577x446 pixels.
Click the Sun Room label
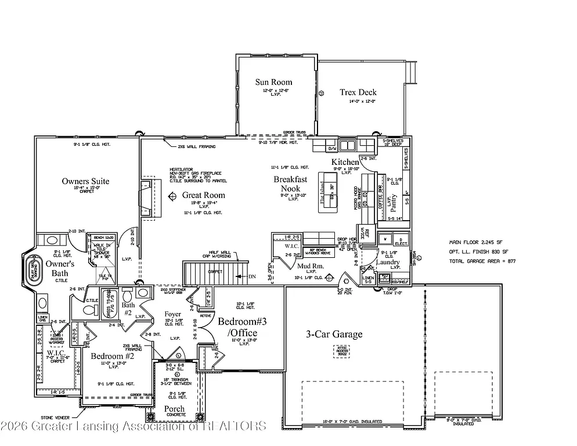(273, 82)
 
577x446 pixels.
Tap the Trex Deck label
(358, 92)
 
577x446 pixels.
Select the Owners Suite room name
(85, 181)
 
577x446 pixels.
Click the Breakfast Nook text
(290, 184)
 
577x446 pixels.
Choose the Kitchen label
(345, 161)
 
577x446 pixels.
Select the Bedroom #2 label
(112, 356)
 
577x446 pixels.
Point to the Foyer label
(174, 314)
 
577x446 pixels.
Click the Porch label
(174, 409)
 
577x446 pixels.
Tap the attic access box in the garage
(341, 351)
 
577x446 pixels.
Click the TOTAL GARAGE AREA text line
(482, 261)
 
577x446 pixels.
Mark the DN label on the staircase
(252, 276)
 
